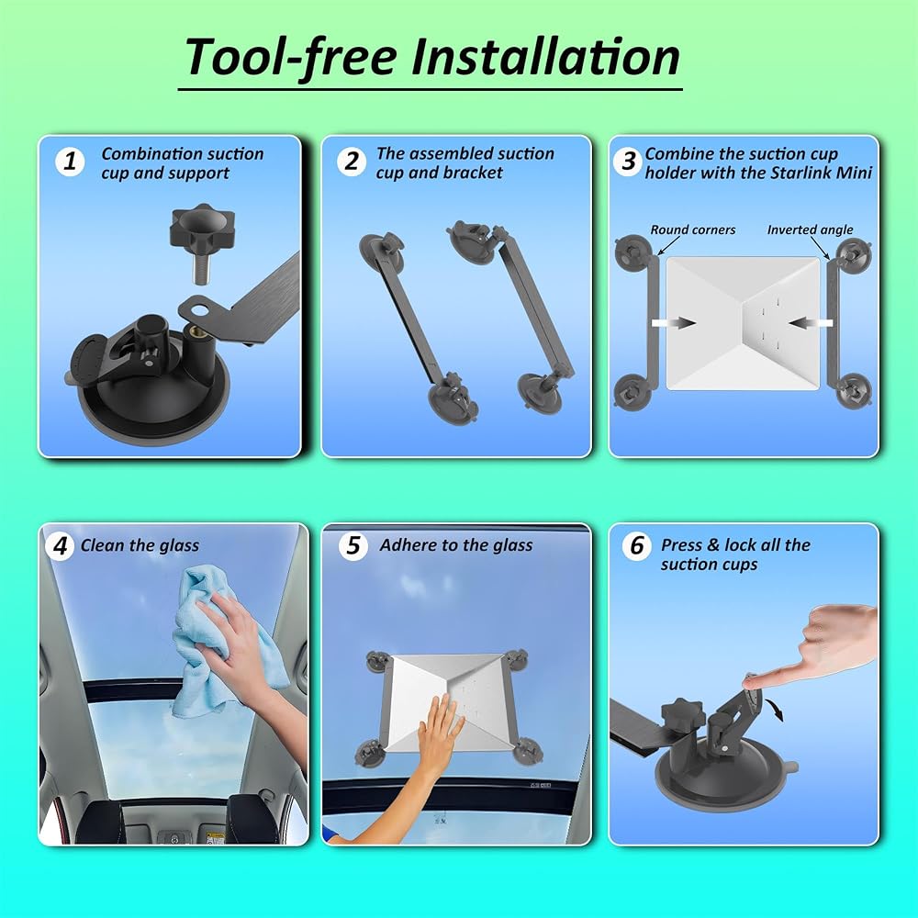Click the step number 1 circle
[71, 161]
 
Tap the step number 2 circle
[352, 161]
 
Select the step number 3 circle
[628, 161]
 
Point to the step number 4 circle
[60, 546]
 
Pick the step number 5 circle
[353, 545]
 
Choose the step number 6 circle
[636, 545]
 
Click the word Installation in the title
[545, 57]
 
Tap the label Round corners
[692, 229]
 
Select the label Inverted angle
[810, 229]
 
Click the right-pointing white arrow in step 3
[674, 322]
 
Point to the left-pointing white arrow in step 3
[811, 322]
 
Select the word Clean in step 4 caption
[103, 545]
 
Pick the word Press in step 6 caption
[681, 545]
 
